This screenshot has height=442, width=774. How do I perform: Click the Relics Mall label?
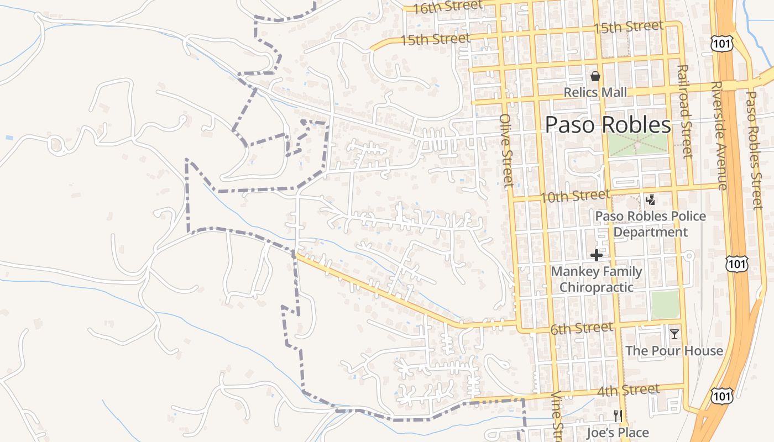click(595, 92)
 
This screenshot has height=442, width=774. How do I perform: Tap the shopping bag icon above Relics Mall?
click(595, 76)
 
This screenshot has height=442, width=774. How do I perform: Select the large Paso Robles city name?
click(608, 125)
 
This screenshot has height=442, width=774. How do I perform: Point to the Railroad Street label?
click(684, 111)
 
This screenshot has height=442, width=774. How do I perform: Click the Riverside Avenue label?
click(719, 136)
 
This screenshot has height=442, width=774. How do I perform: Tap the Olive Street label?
click(506, 150)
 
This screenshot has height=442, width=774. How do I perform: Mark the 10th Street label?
click(575, 196)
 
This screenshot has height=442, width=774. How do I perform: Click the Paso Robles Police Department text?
click(651, 224)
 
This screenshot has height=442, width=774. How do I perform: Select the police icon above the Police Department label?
click(651, 200)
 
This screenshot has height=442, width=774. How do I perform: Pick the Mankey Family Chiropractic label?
click(597, 279)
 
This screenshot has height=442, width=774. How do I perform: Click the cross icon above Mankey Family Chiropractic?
click(597, 255)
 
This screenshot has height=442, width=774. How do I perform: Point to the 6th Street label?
click(582, 329)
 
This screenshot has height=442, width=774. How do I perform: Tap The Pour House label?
click(674, 351)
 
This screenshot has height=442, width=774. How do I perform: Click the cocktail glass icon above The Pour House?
click(674, 334)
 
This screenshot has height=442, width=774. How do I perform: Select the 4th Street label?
click(628, 391)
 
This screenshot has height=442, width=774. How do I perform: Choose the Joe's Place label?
click(618, 433)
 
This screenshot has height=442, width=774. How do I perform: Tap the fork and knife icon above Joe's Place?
click(618, 415)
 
